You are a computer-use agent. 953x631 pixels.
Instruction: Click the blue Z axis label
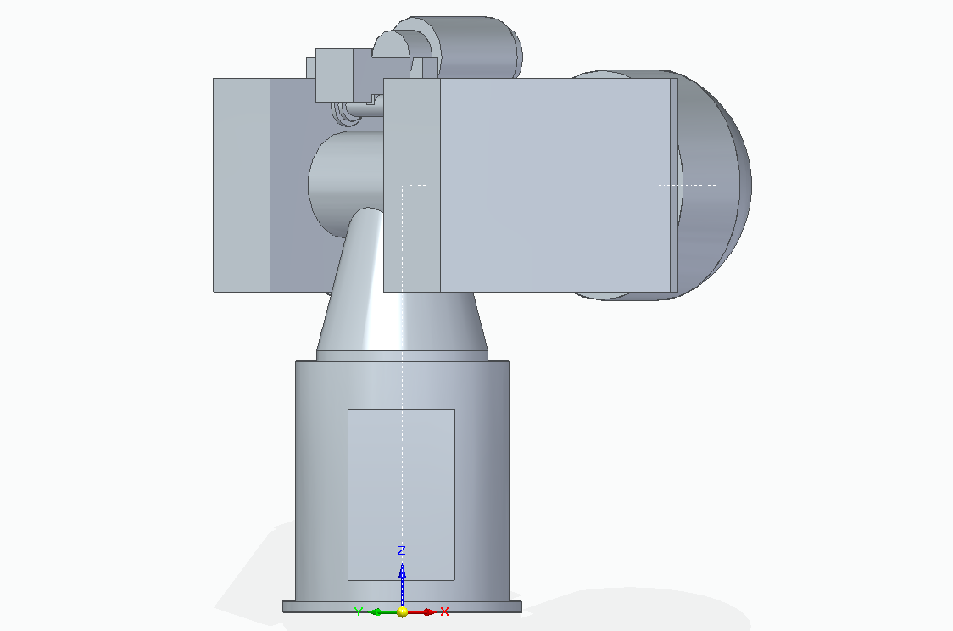[x=402, y=550]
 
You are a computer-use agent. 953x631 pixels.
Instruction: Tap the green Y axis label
[x=359, y=611]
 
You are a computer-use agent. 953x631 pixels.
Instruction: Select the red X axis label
[x=444, y=611]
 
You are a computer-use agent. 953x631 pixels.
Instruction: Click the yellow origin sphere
[x=402, y=611]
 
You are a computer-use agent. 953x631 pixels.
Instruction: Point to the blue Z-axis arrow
[x=402, y=580]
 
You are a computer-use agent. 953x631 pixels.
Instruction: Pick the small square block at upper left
[x=333, y=74]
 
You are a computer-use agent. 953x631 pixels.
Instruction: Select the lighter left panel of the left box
[x=241, y=185]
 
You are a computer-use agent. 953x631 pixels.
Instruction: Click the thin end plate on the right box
[x=674, y=185]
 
